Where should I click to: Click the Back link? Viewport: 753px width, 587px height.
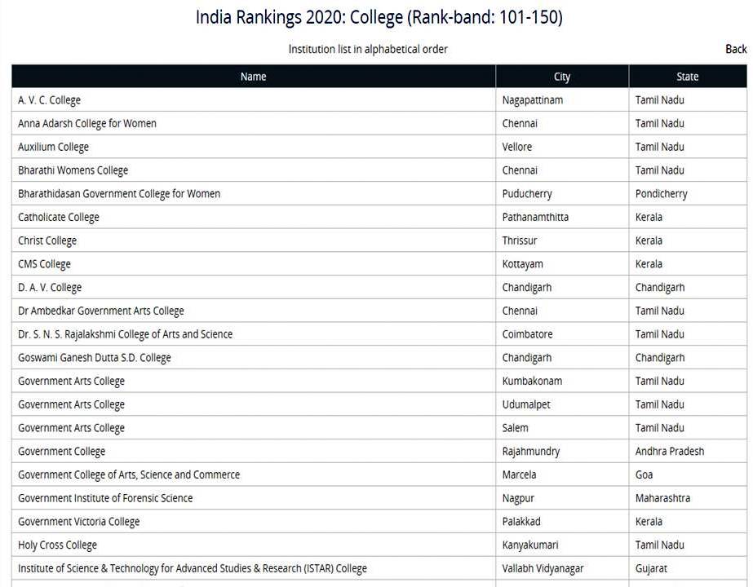pyautogui.click(x=735, y=49)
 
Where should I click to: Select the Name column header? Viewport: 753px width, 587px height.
pyautogui.click(x=253, y=77)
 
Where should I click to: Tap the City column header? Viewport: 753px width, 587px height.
pyautogui.click(x=561, y=77)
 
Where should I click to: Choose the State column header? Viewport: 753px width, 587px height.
pyautogui.click(x=687, y=77)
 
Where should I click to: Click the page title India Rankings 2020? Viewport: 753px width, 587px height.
pyautogui.click(x=379, y=17)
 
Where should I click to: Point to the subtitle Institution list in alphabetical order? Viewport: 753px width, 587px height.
pyautogui.click(x=368, y=49)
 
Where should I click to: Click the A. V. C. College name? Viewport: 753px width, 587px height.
pyautogui.click(x=49, y=100)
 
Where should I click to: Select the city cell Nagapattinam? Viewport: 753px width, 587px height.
pyautogui.click(x=533, y=100)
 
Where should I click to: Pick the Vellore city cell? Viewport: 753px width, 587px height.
pyautogui.click(x=517, y=147)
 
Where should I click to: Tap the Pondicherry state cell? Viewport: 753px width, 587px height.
pyautogui.click(x=661, y=194)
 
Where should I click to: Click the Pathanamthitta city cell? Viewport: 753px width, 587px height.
pyautogui.click(x=535, y=218)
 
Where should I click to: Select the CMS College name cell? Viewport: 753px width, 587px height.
pyautogui.click(x=44, y=264)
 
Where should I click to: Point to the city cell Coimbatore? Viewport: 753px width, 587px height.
pyautogui.click(x=527, y=334)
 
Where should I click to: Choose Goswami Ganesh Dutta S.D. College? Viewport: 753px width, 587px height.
pyautogui.click(x=95, y=358)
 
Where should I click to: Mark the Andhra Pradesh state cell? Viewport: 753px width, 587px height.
pyautogui.click(x=669, y=452)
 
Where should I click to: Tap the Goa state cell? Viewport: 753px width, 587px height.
pyautogui.click(x=645, y=474)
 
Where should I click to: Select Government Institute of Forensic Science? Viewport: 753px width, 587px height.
pyautogui.click(x=105, y=498)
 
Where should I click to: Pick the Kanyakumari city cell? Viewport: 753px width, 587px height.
pyautogui.click(x=530, y=545)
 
